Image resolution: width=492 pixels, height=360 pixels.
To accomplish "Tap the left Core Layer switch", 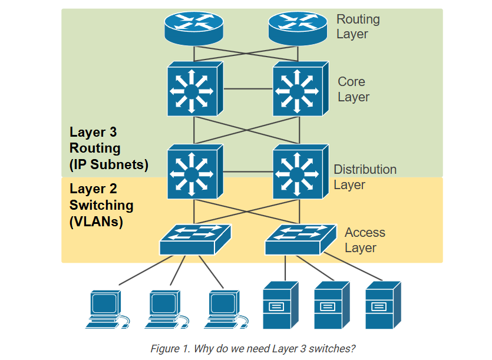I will tap(194, 89).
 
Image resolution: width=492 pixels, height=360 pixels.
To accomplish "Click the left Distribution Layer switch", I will tap(194, 171).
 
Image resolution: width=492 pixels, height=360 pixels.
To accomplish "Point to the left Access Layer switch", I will tap(195, 239).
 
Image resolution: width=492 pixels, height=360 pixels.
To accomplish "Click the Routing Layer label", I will tap(358, 27).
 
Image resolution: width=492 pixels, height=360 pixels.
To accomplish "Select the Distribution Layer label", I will tap(365, 177).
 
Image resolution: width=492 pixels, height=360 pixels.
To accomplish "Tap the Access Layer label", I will tap(365, 240).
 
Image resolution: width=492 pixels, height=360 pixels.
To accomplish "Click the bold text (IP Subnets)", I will tap(108, 164).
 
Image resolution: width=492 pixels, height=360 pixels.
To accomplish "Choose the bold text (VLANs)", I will tap(96, 222).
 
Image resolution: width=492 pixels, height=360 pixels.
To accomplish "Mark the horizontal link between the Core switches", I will tap(246, 89).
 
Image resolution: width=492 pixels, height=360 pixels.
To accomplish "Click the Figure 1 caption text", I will tap(253, 348).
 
